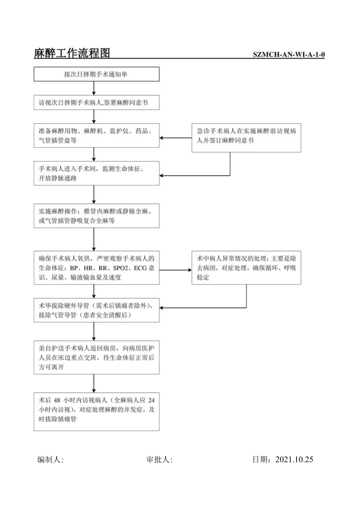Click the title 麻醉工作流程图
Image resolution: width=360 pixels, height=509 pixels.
click(72, 53)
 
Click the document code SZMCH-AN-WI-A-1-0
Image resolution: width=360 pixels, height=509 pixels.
click(289, 54)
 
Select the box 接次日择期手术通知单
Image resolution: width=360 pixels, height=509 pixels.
click(96, 74)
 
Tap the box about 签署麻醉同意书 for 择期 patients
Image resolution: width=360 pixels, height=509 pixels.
click(96, 103)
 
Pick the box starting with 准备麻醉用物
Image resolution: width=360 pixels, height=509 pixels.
click(96, 136)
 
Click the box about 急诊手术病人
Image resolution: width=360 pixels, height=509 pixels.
click(246, 138)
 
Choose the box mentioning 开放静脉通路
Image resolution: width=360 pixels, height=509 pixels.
click(96, 173)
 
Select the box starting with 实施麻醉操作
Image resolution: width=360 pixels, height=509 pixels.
click(96, 216)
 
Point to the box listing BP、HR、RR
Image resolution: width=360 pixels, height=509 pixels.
click(96, 268)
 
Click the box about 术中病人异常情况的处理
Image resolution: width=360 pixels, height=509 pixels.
click(246, 268)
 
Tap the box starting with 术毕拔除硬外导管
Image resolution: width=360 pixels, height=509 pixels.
click(96, 309)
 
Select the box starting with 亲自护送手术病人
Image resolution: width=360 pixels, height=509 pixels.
click(96, 357)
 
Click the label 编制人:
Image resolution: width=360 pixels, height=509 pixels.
click(50, 460)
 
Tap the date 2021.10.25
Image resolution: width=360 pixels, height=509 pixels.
click(294, 460)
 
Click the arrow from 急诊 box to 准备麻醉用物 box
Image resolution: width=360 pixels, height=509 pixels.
click(175, 138)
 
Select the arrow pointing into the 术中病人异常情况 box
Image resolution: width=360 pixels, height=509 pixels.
click(175, 270)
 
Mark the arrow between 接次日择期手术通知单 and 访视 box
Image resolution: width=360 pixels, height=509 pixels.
click(94, 88)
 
